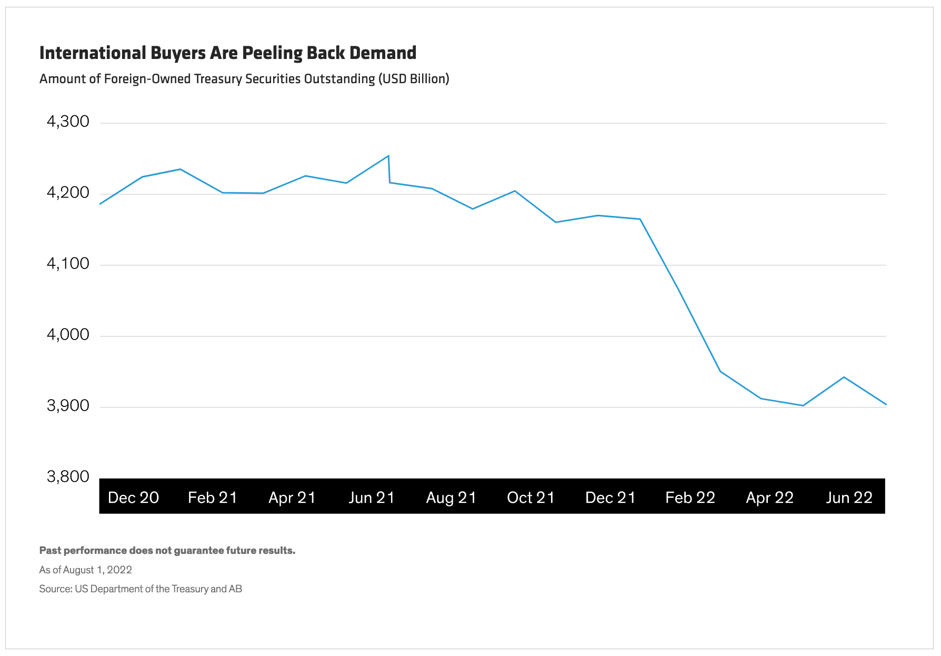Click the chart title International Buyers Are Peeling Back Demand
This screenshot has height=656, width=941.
coord(227,53)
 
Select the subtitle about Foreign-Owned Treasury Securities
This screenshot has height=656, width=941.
coord(244,79)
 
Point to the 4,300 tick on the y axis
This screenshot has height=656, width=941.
coord(68,122)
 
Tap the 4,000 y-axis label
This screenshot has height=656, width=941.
coord(68,335)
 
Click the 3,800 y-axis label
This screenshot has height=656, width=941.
coord(68,477)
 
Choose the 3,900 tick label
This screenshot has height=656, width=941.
coord(68,406)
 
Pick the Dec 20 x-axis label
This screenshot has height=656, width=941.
coord(133,498)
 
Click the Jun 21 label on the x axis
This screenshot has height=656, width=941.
coord(372,498)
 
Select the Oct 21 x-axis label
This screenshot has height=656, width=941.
coord(530,498)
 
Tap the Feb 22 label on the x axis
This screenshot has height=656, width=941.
coord(690,498)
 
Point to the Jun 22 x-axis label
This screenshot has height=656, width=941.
coord(849,498)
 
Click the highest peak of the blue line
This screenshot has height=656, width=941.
coord(388,156)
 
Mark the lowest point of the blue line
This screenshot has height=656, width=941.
coord(803,405)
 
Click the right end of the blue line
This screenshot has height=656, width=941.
coord(886,404)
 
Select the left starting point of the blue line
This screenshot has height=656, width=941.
coord(100,204)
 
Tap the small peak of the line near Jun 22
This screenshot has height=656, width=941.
coord(844,377)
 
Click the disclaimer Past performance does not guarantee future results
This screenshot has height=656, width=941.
coord(167,551)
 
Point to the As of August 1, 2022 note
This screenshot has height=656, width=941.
coord(85,570)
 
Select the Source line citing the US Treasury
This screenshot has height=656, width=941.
coord(141,589)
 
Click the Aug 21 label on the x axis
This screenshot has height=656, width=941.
coord(451,498)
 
